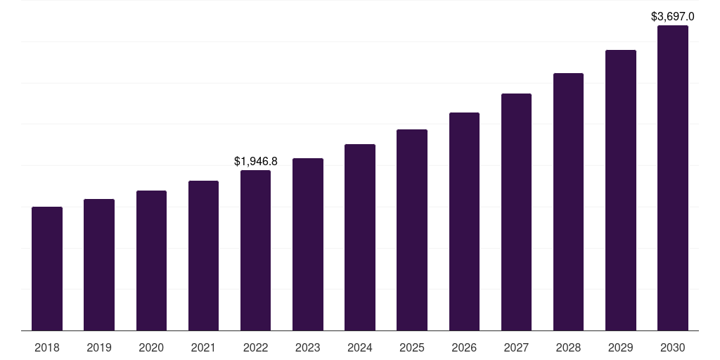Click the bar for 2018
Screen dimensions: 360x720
(x=47, y=269)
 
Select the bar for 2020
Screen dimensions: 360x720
(x=151, y=260)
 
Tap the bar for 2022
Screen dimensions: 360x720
(x=255, y=250)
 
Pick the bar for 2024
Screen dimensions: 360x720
(x=360, y=237)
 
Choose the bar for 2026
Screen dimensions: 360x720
(x=464, y=221)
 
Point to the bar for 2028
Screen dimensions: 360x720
(x=568, y=202)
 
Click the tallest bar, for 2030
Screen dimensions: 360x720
(x=672, y=178)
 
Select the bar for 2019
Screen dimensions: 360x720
(x=99, y=264)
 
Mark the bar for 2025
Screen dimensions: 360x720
(x=412, y=230)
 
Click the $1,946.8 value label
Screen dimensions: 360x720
(x=255, y=162)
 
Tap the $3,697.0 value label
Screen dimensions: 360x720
(x=672, y=16)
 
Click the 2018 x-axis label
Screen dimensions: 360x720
(x=47, y=347)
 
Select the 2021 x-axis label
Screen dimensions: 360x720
(x=203, y=347)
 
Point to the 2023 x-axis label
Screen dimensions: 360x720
(x=307, y=347)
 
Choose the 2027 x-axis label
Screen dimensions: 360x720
(x=516, y=347)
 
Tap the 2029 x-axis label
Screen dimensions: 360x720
(x=620, y=347)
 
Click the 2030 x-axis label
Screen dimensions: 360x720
(x=672, y=347)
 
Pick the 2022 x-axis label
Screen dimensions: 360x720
(x=255, y=347)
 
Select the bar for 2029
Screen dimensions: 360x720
(x=620, y=190)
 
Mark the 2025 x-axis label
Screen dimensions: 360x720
(x=412, y=347)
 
